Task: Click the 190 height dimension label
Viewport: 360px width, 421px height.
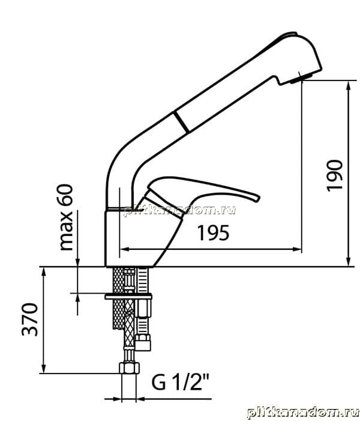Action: coord(335,175)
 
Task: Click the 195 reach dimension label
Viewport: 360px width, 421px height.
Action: coord(214,233)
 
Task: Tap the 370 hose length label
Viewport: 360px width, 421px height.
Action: coord(30,320)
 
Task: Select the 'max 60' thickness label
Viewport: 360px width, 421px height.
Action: coord(66,217)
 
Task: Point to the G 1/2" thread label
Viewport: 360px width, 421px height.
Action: coord(180,382)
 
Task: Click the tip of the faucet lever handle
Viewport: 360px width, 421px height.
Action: coord(259,199)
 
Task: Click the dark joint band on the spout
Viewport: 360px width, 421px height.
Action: coord(182,122)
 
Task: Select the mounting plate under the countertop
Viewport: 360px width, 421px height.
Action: coord(128,297)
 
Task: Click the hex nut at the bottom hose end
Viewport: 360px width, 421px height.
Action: coord(129,368)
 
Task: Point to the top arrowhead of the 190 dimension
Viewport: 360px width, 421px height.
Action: coord(348,85)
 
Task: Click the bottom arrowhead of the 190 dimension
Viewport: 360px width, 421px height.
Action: coord(348,262)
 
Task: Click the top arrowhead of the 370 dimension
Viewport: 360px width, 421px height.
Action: coord(44,272)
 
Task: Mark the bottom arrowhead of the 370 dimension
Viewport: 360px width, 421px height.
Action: coord(44,368)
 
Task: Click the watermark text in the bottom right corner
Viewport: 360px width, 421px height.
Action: coord(303,413)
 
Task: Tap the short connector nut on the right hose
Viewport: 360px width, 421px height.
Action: coord(143,342)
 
